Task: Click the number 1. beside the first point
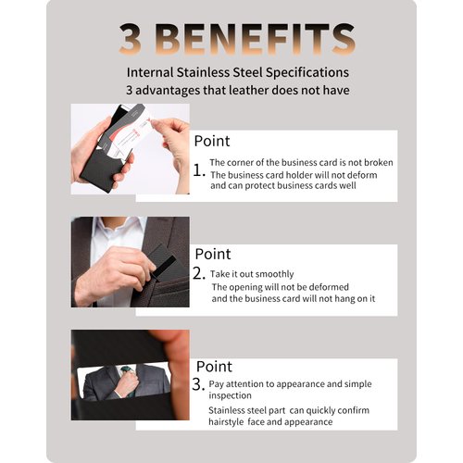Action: (x=198, y=171)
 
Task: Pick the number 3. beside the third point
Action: (x=198, y=383)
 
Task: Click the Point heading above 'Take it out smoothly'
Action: (x=212, y=254)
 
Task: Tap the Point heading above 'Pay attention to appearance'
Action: (x=212, y=367)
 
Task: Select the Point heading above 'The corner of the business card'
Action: (x=212, y=141)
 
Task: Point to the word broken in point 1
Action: (x=363, y=163)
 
